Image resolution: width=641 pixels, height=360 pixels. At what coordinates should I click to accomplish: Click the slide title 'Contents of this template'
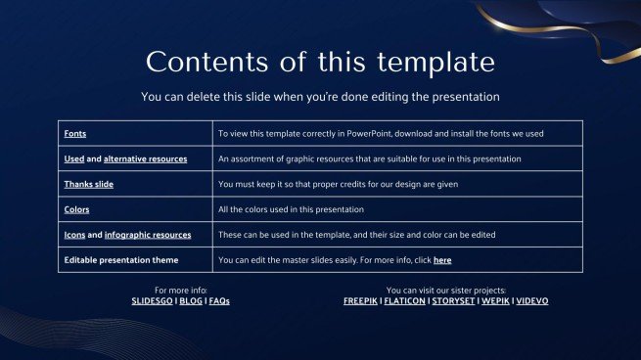tap(320, 62)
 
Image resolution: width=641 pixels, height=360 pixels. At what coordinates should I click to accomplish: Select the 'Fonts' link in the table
tap(74, 133)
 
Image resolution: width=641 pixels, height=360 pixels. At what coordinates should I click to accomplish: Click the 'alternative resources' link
tap(145, 158)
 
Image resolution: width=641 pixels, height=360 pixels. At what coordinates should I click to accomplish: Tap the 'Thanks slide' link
tap(88, 184)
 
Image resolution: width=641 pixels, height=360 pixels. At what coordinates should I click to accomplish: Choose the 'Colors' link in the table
tap(76, 209)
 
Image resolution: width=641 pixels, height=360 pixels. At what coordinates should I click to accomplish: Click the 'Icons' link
tap(74, 235)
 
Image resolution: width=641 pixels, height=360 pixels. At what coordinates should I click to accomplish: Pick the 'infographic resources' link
tap(147, 235)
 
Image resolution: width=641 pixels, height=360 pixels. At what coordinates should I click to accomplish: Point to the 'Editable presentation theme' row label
tap(121, 260)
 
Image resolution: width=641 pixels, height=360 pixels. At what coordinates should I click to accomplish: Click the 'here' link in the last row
tap(442, 260)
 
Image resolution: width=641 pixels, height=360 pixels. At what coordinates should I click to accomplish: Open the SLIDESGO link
tap(152, 301)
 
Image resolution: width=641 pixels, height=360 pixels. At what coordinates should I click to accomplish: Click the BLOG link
tap(190, 301)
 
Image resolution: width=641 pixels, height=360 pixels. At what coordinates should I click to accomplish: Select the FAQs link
tap(219, 301)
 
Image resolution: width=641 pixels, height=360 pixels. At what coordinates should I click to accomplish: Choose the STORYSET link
tap(453, 301)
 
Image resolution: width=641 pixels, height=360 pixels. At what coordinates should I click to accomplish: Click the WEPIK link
tap(495, 301)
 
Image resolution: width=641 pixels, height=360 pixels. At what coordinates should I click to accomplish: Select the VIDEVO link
tap(532, 301)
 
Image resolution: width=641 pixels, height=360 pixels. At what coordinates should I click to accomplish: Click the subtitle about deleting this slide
tap(320, 97)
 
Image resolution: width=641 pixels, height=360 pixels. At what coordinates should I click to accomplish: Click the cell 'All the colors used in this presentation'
tap(291, 209)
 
